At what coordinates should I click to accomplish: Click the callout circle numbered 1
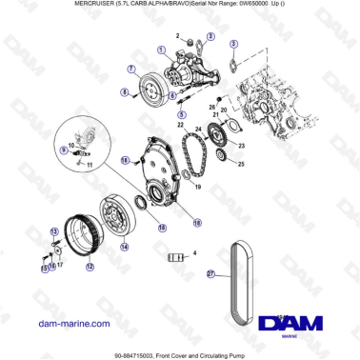point(161,49)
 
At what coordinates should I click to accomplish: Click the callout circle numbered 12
point(89,268)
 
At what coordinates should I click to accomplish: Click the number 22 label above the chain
point(181,125)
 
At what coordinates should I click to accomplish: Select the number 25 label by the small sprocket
point(240,165)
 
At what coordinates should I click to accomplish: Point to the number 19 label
point(197,189)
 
